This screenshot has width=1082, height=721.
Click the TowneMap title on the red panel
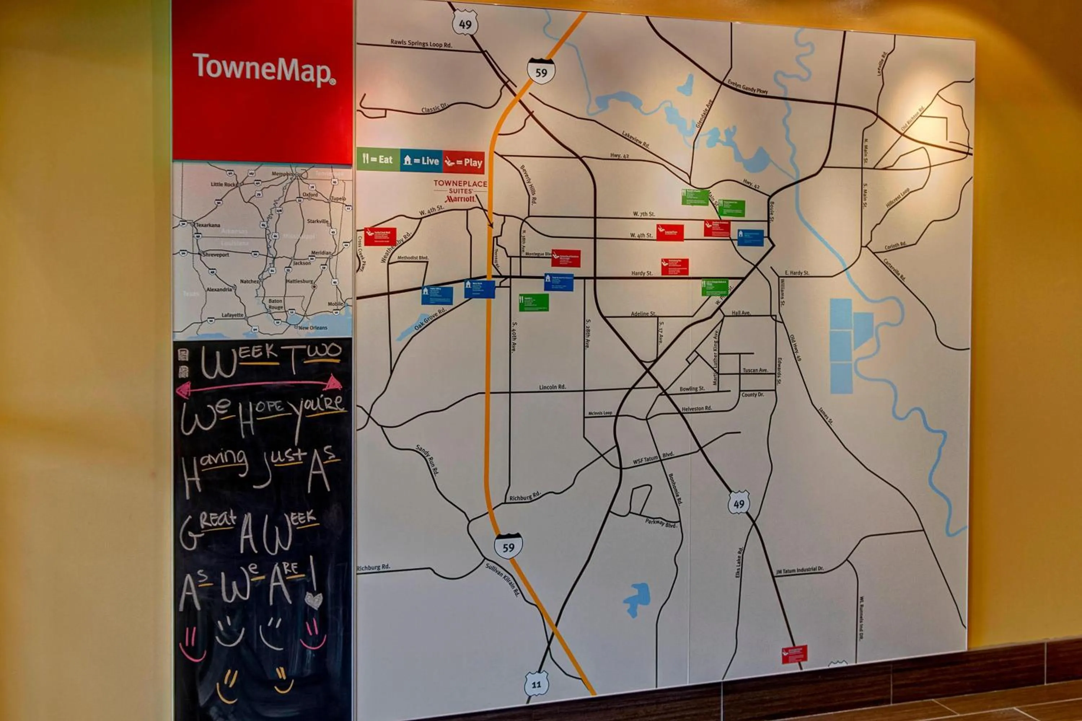pyautogui.click(x=264, y=69)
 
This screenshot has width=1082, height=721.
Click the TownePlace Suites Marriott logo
pyautogui.click(x=460, y=191)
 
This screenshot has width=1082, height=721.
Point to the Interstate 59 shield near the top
pyautogui.click(x=541, y=71)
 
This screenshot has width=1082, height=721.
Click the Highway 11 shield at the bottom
pyautogui.click(x=536, y=684)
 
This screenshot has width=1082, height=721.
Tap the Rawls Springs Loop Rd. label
pyautogui.click(x=421, y=43)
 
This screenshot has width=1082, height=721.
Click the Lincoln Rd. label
pyautogui.click(x=552, y=387)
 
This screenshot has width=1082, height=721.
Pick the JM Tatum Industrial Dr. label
pyautogui.click(x=800, y=570)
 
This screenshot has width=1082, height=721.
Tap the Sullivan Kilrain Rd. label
pyautogui.click(x=502, y=579)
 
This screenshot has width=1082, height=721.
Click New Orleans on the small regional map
pyautogui.click(x=312, y=328)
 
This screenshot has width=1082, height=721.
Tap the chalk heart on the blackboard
pyautogui.click(x=313, y=600)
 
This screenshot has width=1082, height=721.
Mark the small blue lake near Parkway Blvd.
pyautogui.click(x=638, y=598)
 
